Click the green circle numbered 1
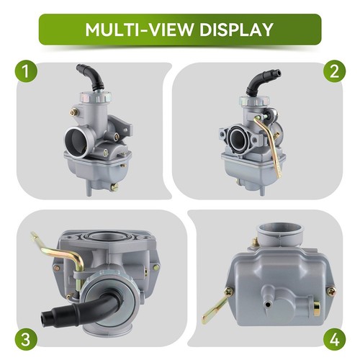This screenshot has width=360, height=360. [x=26, y=71]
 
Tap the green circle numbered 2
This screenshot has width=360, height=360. [x=334, y=71]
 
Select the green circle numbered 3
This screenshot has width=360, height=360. [x=26, y=340]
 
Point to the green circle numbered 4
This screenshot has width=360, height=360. [x=334, y=340]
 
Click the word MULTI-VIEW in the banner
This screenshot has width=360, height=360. [x=139, y=30]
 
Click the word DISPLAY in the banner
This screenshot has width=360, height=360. [x=236, y=30]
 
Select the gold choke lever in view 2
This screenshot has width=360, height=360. [x=269, y=144]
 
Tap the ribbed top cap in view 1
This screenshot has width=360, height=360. [x=96, y=97]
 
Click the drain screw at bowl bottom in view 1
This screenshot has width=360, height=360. [x=114, y=187]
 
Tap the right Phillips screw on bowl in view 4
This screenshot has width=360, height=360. [x=331, y=292]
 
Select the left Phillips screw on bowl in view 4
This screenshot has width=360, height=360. [x=229, y=292]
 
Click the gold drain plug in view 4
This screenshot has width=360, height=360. [x=316, y=310]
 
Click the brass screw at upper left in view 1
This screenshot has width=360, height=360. [x=75, y=112]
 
